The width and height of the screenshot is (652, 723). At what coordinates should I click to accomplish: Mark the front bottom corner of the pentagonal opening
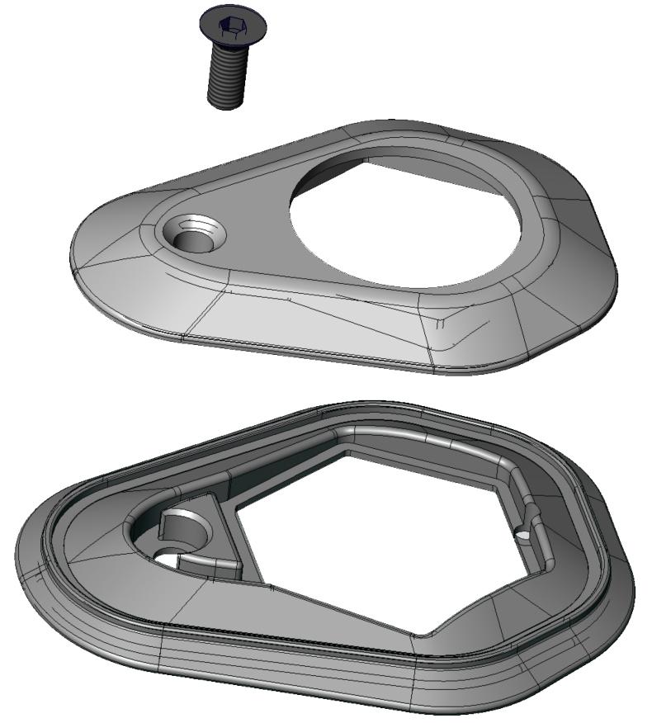(x=421, y=634)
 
